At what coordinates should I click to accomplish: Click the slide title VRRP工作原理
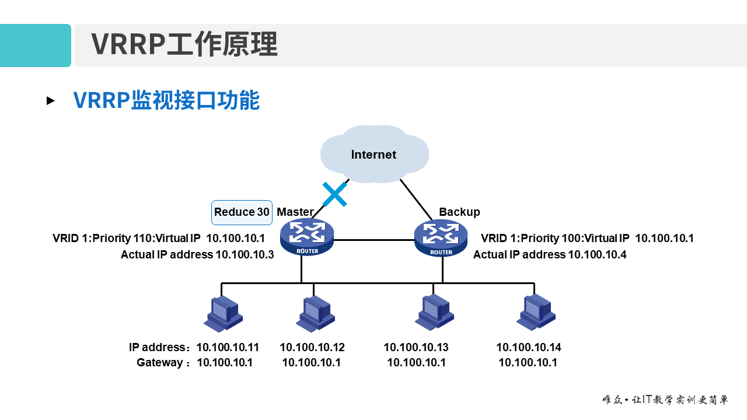pyautogui.click(x=184, y=45)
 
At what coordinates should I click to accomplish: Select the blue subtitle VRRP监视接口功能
pyautogui.click(x=166, y=100)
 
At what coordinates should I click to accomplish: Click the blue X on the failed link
pyautogui.click(x=334, y=194)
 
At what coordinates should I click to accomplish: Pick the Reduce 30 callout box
pyautogui.click(x=242, y=212)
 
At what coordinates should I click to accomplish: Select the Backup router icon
pyautogui.click(x=441, y=237)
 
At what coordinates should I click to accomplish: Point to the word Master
pyautogui.click(x=295, y=212)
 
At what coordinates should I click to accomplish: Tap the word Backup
pyautogui.click(x=459, y=212)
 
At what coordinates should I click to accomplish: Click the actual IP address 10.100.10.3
pyautogui.click(x=245, y=254)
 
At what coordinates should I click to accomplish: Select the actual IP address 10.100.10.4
pyautogui.click(x=597, y=254)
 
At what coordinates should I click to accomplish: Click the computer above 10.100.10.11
pyautogui.click(x=224, y=313)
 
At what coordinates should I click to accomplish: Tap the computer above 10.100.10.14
pyautogui.click(x=536, y=311)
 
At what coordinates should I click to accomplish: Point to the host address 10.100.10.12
pyautogui.click(x=312, y=348)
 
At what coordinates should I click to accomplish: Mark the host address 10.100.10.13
pyautogui.click(x=416, y=348)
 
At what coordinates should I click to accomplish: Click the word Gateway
pyautogui.click(x=159, y=363)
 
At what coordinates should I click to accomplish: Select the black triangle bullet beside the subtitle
pyautogui.click(x=51, y=101)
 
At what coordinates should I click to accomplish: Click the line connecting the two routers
pyautogui.click(x=373, y=240)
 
